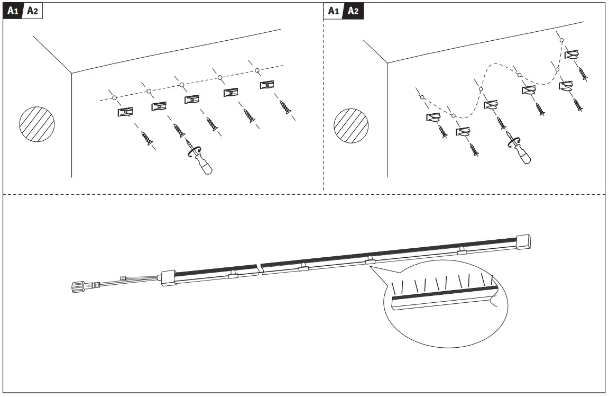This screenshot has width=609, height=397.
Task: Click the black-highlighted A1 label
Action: [13, 12]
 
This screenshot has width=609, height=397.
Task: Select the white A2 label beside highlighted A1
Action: [32, 12]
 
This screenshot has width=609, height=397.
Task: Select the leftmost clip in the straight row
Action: [125, 112]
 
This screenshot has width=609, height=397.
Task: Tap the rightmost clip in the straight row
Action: [267, 85]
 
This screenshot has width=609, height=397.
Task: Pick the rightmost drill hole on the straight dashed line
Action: [257, 70]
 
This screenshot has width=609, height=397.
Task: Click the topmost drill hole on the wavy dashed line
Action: [562, 40]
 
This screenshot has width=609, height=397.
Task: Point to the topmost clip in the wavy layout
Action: [571, 54]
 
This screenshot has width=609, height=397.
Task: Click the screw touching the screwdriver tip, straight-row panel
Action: [179, 130]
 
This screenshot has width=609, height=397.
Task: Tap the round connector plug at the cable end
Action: [78, 287]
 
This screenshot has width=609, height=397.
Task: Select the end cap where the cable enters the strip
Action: [168, 277]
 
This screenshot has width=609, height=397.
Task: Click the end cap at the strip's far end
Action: [523, 241]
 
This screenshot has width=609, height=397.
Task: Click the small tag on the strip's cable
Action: [123, 277]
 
